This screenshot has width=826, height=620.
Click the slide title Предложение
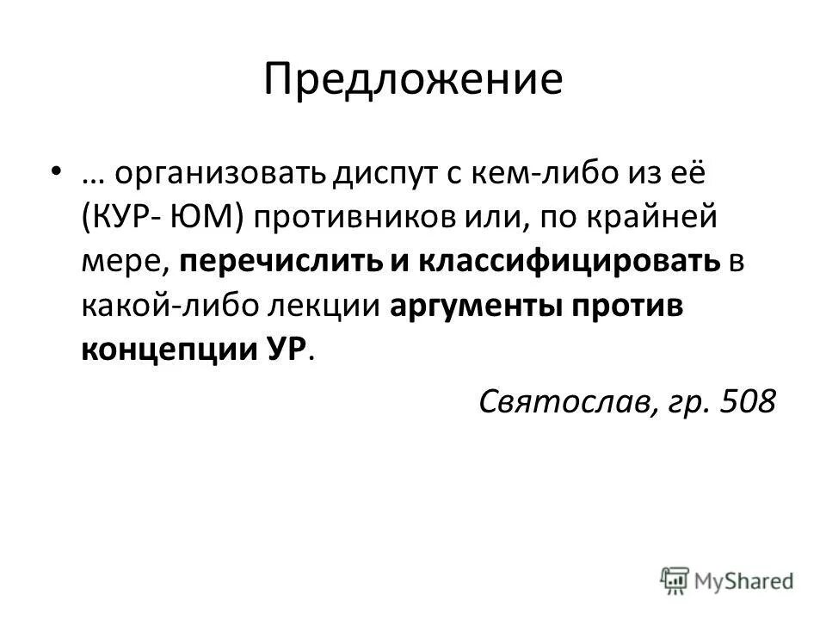pos(413,80)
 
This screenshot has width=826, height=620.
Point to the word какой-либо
pos(163,307)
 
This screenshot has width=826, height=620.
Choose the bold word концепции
pos(161,351)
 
